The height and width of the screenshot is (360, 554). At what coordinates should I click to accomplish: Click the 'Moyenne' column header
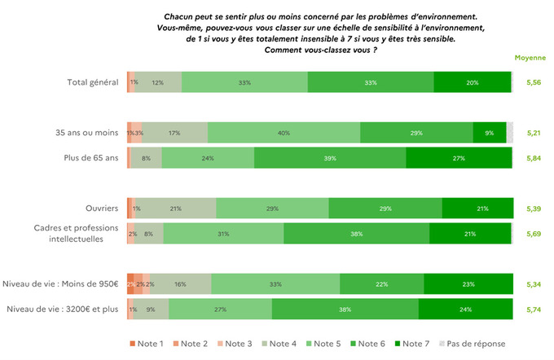[x=530, y=59]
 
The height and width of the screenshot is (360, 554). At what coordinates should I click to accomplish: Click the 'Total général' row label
[x=94, y=82]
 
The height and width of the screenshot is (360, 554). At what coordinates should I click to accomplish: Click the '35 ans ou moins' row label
[x=86, y=133]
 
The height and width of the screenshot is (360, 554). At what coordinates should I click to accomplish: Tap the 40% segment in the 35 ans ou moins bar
[x=284, y=133]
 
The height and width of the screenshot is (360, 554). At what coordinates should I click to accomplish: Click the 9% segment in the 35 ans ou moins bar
[x=489, y=133]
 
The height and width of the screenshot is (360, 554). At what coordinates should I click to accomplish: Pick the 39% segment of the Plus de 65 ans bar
[x=330, y=158]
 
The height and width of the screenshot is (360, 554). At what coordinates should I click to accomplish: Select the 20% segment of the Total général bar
[x=473, y=82]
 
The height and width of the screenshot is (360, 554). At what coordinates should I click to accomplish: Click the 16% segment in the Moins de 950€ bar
[x=180, y=284]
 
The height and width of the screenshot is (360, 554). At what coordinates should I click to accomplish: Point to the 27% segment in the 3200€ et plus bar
[x=220, y=310]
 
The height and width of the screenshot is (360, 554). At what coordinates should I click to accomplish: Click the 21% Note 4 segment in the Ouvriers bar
[x=175, y=209]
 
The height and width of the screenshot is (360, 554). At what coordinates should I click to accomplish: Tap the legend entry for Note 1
[x=150, y=344]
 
